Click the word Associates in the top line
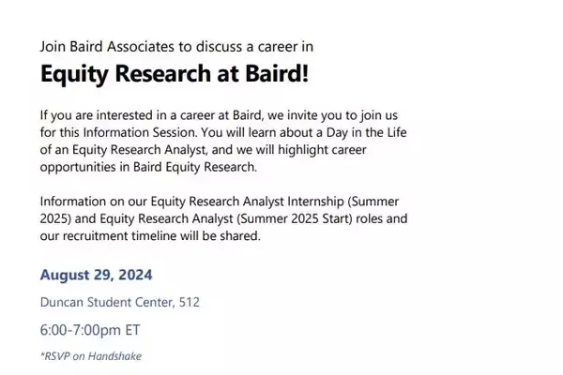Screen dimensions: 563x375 (141, 47)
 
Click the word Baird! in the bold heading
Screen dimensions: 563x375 (277, 73)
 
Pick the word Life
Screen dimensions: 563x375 (397, 132)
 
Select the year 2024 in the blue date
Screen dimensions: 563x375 (135, 275)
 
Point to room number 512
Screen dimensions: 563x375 (190, 302)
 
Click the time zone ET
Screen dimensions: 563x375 (132, 330)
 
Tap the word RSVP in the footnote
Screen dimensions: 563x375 (55, 356)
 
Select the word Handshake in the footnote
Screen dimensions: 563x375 (114, 356)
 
